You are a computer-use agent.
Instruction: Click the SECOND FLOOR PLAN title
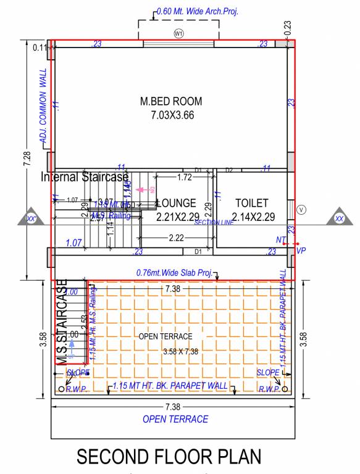tap(169, 456)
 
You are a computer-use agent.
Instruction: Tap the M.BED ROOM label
tap(171, 101)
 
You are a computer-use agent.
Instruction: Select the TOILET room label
tap(251, 202)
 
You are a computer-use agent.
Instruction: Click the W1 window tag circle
tap(178, 33)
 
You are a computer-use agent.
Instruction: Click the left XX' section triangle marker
tap(31, 217)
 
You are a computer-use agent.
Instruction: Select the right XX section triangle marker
tap(339, 217)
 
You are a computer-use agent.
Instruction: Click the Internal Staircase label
tap(85, 177)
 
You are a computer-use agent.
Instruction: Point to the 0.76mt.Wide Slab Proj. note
tap(175, 272)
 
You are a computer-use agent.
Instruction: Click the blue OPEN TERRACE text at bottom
tap(175, 419)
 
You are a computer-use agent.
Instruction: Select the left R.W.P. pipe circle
tap(61, 389)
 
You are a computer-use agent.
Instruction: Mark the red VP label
tap(301, 251)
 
